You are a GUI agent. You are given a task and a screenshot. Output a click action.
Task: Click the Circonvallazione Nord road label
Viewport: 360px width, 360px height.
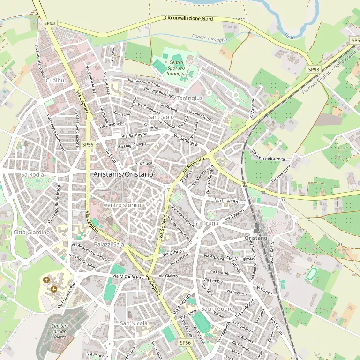pyautogui.click(x=189, y=19)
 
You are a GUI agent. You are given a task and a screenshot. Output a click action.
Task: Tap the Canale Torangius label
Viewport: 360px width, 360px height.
pyautogui.click(x=210, y=37)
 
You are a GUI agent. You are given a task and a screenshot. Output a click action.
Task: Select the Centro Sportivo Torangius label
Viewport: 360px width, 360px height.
pyautogui.click(x=177, y=68)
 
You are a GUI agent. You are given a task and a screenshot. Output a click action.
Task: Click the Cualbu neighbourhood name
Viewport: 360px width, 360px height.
pyautogui.click(x=55, y=81)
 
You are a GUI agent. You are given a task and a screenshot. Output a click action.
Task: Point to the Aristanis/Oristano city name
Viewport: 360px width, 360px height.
pyautogui.click(x=123, y=174)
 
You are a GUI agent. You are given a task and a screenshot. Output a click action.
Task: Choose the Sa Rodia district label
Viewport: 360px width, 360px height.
pyautogui.click(x=32, y=174)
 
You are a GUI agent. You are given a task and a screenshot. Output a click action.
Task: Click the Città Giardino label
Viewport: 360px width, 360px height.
pyautogui.click(x=31, y=232)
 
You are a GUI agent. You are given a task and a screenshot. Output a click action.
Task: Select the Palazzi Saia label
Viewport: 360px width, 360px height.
pyautogui.click(x=109, y=244)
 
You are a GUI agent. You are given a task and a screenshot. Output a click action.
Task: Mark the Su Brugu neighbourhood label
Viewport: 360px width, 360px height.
pyautogui.click(x=206, y=223)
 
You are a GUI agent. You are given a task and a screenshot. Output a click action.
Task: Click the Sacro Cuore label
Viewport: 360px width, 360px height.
pyautogui.click(x=217, y=309)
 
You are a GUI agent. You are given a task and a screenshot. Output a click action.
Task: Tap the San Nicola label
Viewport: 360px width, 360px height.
pyautogui.click(x=134, y=323)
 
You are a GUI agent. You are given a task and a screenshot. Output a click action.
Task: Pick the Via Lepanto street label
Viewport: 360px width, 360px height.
pyautogui.click(x=226, y=201)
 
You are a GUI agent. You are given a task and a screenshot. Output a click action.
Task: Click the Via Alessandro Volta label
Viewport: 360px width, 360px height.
pyautogui.click(x=268, y=156)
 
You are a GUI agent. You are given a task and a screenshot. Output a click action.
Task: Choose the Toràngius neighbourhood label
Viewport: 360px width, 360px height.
pyautogui.click(x=190, y=98)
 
